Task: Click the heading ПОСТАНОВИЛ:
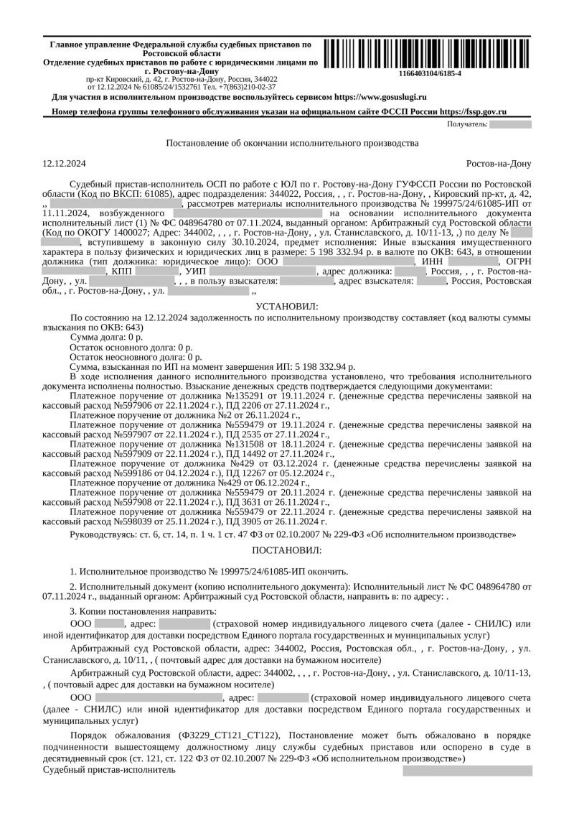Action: point(286,549)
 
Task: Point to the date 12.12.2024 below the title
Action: point(65,163)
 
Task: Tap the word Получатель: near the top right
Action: point(466,124)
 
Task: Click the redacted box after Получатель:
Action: point(511,124)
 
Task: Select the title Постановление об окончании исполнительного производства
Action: point(292,143)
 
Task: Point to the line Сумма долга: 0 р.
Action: point(107,336)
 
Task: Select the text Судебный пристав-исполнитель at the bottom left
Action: point(108,769)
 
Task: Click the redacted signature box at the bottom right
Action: point(467,771)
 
